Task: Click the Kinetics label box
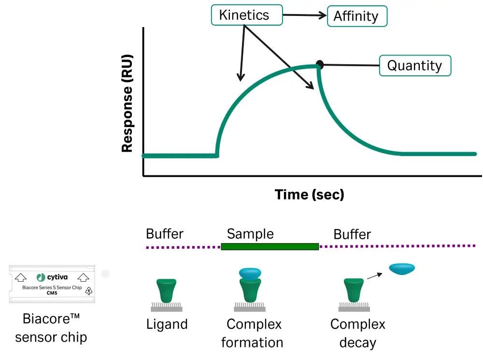(x=246, y=15)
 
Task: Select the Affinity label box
(x=357, y=16)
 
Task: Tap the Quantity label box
(x=415, y=66)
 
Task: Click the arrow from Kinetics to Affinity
(x=305, y=15)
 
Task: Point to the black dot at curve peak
(x=319, y=64)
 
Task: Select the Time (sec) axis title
(x=309, y=194)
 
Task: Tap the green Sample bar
(x=270, y=246)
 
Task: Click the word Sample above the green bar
(x=250, y=234)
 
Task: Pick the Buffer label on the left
(x=165, y=234)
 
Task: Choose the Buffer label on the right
(x=352, y=234)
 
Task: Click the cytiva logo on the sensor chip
(x=53, y=277)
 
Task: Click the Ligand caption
(x=167, y=324)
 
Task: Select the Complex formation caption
(x=252, y=333)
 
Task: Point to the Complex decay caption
(x=357, y=333)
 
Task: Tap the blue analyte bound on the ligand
(x=250, y=274)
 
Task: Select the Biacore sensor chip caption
(x=51, y=328)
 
